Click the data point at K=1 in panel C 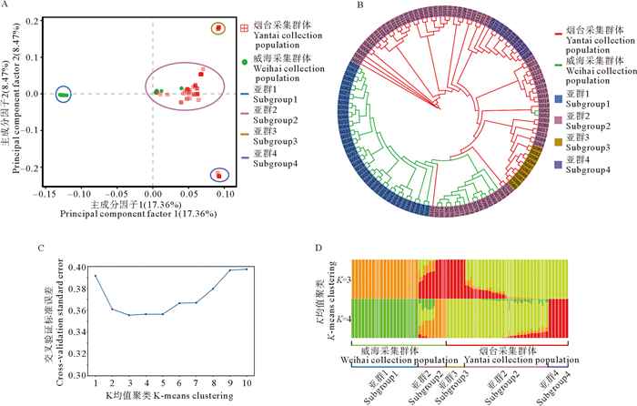[x=95, y=275]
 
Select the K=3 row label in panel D [x=349, y=277]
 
